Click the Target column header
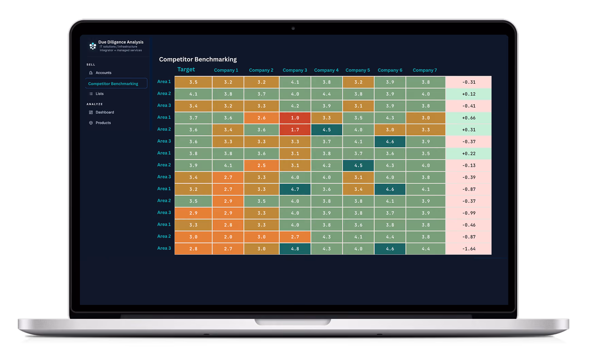186,69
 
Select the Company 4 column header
326,70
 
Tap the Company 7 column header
425,70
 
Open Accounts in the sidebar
103,73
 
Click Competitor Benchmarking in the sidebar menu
113,84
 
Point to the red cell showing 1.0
295,118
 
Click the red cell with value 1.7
295,130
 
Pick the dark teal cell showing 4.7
295,189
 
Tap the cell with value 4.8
295,248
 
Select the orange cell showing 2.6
262,118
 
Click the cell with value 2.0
228,237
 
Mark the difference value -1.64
469,248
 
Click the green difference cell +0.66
469,118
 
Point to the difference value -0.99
469,213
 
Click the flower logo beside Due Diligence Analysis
92,46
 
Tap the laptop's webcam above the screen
293,28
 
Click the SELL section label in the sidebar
91,65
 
